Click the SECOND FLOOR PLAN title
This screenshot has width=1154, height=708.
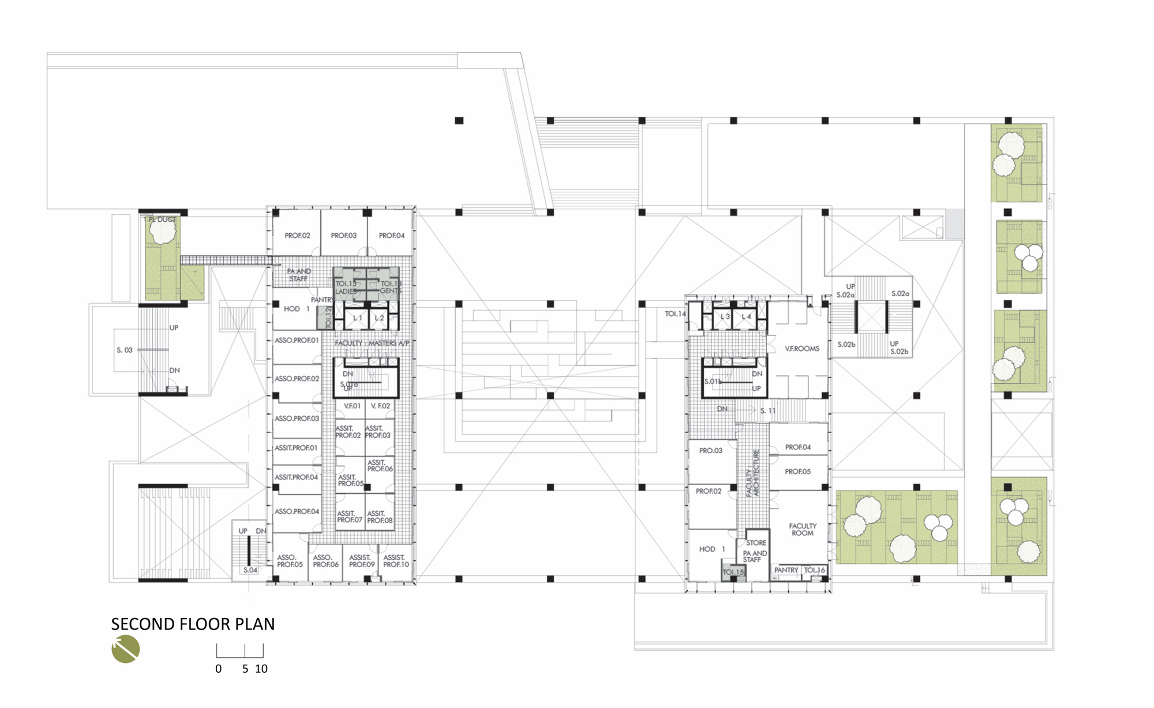pyautogui.click(x=193, y=624)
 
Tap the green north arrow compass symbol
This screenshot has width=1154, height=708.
pyautogui.click(x=126, y=649)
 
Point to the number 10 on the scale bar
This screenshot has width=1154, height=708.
pyautogui.click(x=261, y=669)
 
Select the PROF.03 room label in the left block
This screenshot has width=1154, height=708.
pyautogui.click(x=343, y=236)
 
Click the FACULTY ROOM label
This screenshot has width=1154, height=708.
pyautogui.click(x=803, y=530)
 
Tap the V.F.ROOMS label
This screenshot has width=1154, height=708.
pyautogui.click(x=802, y=349)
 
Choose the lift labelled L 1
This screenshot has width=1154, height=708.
pyautogui.click(x=358, y=318)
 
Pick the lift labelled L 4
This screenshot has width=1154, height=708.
pyautogui.click(x=746, y=317)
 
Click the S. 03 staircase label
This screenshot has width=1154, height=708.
pyautogui.click(x=125, y=350)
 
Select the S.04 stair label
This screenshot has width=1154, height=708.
pyautogui.click(x=250, y=570)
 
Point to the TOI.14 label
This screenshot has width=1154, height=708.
pyautogui.click(x=675, y=314)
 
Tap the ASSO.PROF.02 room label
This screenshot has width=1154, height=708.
pyautogui.click(x=297, y=379)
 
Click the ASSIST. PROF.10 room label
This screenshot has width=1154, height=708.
pyautogui.click(x=396, y=561)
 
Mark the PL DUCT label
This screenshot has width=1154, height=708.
pyautogui.click(x=162, y=220)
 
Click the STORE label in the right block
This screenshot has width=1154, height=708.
pyautogui.click(x=756, y=543)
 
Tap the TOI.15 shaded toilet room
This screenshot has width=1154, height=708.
pyautogui.click(x=733, y=572)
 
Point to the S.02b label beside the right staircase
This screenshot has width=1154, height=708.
pyautogui.click(x=846, y=345)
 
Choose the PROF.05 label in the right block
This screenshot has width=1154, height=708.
pyautogui.click(x=797, y=472)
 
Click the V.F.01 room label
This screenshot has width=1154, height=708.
pyautogui.click(x=352, y=406)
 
